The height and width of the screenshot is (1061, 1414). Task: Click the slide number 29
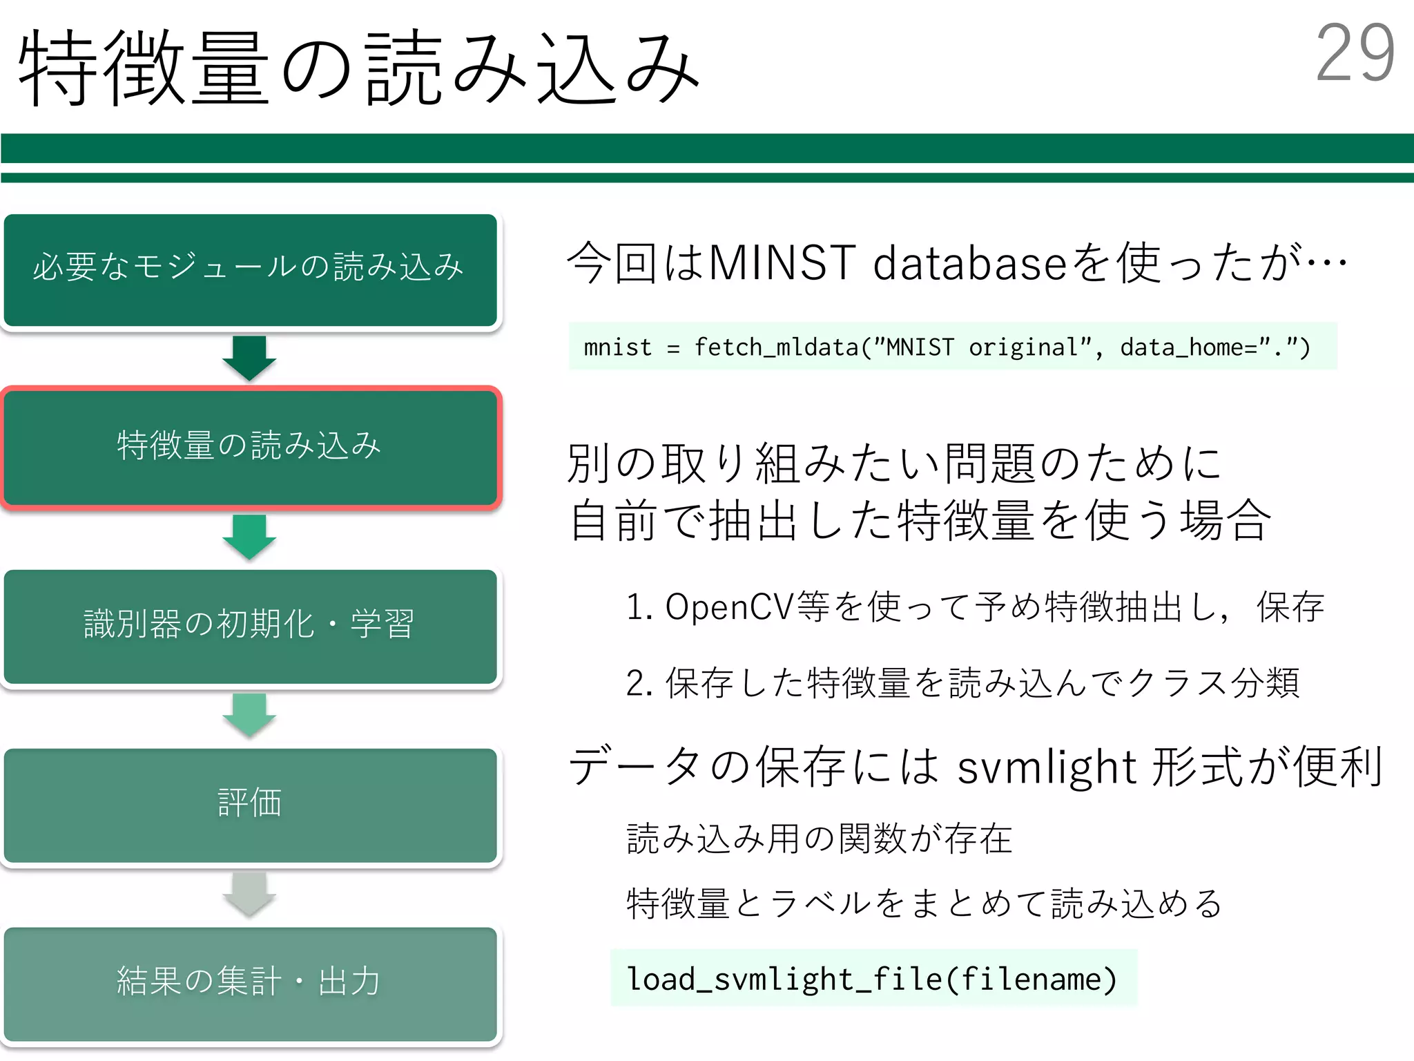tap(1355, 54)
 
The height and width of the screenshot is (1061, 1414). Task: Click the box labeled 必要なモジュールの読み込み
tap(250, 269)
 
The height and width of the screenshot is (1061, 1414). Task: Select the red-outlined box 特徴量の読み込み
tap(250, 448)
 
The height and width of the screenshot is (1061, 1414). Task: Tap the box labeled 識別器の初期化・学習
tap(250, 626)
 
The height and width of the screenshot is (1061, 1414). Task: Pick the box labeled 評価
tap(250, 805)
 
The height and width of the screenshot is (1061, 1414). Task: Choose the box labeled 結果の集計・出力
tap(250, 983)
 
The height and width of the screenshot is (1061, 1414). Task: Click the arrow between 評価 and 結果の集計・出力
tap(249, 894)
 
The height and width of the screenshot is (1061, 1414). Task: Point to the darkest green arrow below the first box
tap(249, 358)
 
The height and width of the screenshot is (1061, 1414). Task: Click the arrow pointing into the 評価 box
tap(249, 715)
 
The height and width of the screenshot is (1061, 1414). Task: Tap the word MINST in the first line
tap(782, 264)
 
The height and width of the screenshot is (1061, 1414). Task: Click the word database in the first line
tap(969, 264)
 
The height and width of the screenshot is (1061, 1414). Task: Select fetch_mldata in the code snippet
tap(776, 347)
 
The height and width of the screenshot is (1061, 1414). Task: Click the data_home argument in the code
tap(1181, 347)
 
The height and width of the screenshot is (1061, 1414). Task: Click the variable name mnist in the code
tap(617, 347)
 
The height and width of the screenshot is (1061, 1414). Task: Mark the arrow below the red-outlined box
tap(249, 537)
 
